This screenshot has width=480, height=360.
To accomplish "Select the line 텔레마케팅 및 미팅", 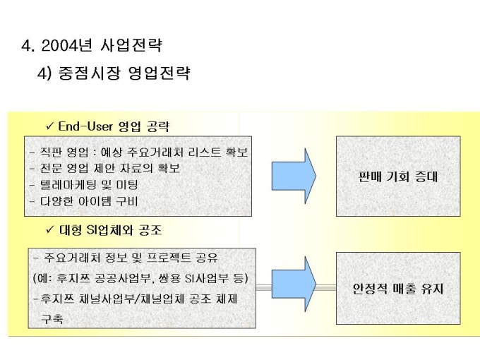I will pos(84,185).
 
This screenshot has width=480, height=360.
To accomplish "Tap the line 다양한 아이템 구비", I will pos(84,201).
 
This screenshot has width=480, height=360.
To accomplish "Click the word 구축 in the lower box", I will pos(51,319).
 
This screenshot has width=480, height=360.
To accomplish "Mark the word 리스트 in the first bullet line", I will pos(197,152).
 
